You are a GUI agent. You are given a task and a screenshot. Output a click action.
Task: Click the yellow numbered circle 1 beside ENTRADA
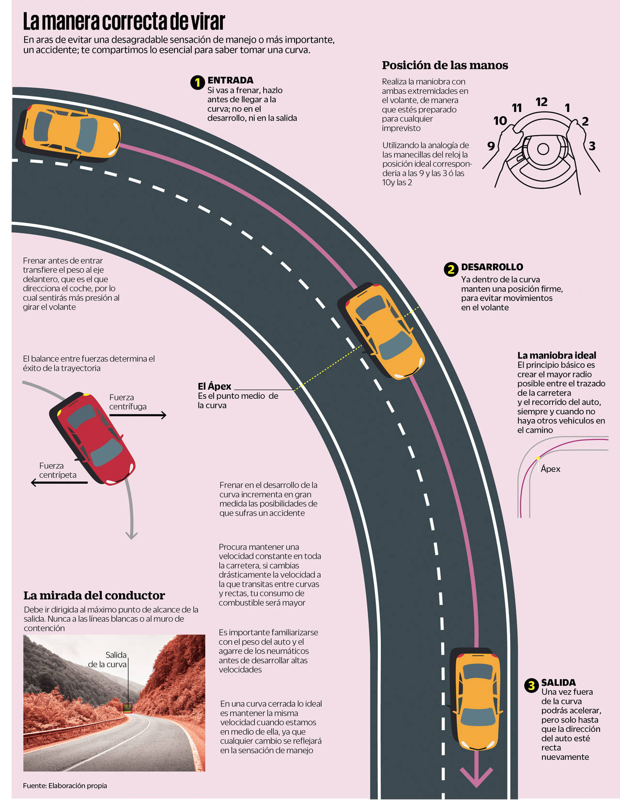(x=197, y=82)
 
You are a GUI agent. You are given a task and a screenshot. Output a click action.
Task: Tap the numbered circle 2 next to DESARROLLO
(x=451, y=269)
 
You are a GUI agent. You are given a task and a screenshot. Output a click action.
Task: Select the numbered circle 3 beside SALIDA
(x=531, y=685)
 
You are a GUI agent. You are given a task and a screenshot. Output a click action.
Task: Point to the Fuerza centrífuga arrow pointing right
(x=138, y=415)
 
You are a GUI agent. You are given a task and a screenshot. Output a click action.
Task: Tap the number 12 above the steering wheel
(x=542, y=102)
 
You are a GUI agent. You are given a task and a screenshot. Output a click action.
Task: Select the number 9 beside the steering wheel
(x=491, y=146)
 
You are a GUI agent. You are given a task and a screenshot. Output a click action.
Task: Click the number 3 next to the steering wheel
(x=592, y=146)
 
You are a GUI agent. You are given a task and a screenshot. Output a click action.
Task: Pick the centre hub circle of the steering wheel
(x=542, y=149)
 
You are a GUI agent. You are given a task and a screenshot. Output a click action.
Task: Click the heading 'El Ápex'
(x=214, y=386)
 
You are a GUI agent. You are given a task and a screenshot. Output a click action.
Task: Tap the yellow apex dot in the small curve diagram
(x=538, y=458)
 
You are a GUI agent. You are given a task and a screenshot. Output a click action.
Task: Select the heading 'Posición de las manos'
(x=445, y=65)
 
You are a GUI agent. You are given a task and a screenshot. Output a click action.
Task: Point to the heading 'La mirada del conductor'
(x=94, y=596)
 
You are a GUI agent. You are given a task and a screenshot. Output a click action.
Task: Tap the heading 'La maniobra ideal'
(x=557, y=355)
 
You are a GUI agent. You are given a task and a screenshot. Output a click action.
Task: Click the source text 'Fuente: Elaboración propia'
(x=65, y=785)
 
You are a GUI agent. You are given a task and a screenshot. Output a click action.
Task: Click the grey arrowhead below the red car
(x=131, y=535)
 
